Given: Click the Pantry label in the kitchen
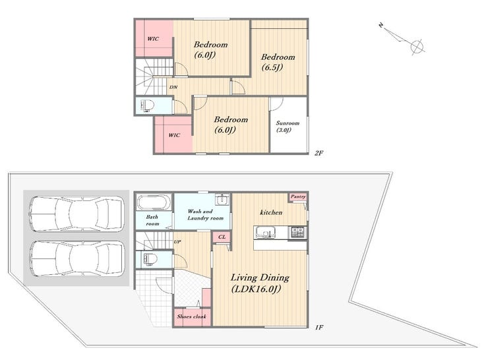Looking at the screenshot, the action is [298, 196].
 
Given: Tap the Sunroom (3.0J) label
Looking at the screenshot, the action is [288, 127].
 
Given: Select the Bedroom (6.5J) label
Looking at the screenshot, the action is [278, 61].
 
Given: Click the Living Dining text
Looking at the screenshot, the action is [260, 277].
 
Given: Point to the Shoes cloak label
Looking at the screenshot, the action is [192, 316].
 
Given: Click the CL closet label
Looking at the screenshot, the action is [222, 237].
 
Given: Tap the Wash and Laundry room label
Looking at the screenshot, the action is [205, 215].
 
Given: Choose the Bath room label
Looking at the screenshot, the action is [152, 220].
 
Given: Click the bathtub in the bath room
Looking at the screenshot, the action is [154, 202].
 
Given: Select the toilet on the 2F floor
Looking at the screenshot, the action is [148, 105].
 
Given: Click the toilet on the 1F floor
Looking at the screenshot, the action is [148, 259].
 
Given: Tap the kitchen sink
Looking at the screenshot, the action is [265, 233].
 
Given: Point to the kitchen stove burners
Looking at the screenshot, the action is [298, 233].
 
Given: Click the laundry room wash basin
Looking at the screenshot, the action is [222, 199].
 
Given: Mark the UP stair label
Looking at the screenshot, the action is [177, 242].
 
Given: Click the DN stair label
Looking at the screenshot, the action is [173, 87].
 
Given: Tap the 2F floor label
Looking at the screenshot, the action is [319, 153].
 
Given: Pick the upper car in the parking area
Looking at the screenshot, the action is [76, 214].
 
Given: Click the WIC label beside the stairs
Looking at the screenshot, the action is [153, 39].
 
